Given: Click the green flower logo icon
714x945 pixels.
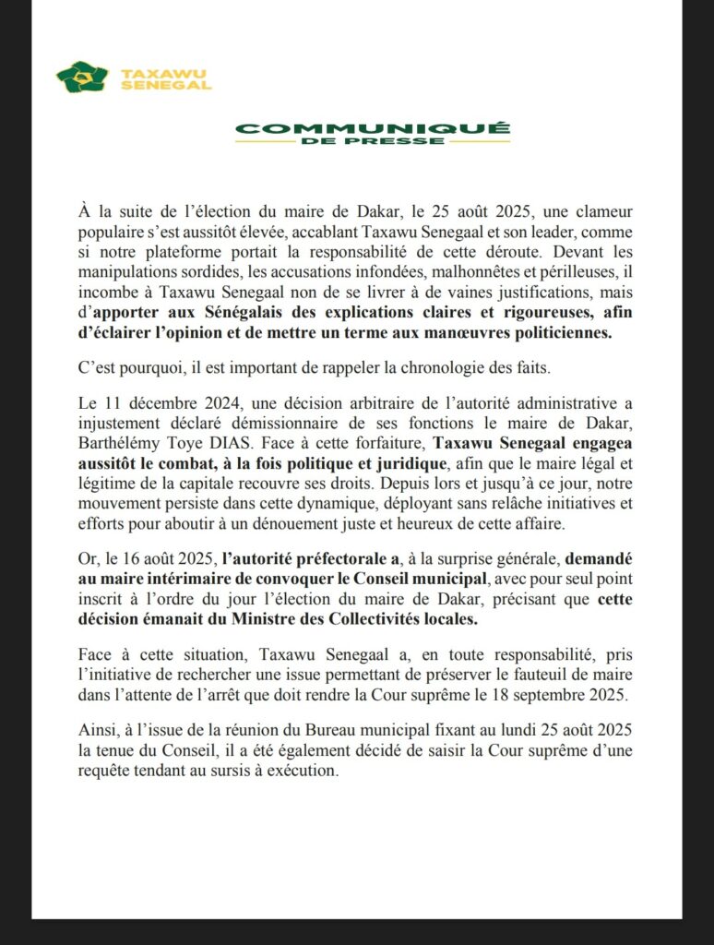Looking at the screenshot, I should pos(81,77).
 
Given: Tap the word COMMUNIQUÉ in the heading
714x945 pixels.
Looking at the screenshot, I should pos(373,128).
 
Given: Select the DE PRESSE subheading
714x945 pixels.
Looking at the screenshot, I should pos(373,142).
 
